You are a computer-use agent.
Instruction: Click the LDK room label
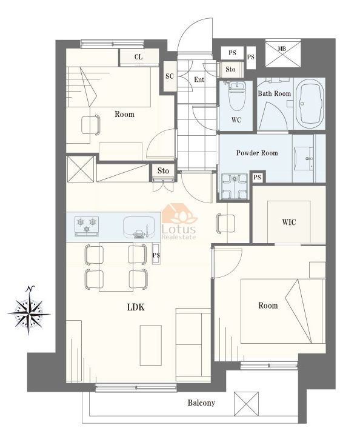click(136, 307)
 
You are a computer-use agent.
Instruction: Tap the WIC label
click(289, 222)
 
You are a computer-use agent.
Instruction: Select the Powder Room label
click(257, 153)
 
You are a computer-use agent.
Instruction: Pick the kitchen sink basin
click(139, 227)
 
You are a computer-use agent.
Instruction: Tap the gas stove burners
click(87, 226)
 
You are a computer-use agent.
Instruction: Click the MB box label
click(282, 49)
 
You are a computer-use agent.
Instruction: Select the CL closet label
click(138, 57)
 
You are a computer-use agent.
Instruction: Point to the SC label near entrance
click(170, 76)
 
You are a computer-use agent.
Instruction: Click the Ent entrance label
click(199, 80)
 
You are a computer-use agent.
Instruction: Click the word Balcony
click(201, 403)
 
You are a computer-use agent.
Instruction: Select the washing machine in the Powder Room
click(235, 187)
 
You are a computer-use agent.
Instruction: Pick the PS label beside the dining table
click(156, 255)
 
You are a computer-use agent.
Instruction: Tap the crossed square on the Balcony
click(246, 404)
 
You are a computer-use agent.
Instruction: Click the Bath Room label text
click(275, 93)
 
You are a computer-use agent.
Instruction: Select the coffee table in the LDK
click(151, 346)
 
